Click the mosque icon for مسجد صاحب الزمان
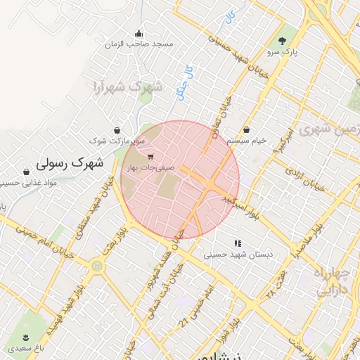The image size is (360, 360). [x=139, y=33]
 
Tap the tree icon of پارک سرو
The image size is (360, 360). [x=283, y=41]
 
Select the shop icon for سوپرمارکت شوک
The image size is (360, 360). [x=116, y=130]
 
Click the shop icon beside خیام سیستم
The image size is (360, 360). [x=247, y=129]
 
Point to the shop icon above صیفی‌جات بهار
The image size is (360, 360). [x=151, y=156]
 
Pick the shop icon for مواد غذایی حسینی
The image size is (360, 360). [x=26, y=172]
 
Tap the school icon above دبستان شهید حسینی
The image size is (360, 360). [x=238, y=243]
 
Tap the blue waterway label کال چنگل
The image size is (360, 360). [x=185, y=82]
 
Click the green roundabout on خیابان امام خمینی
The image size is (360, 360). [x=96, y=266]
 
